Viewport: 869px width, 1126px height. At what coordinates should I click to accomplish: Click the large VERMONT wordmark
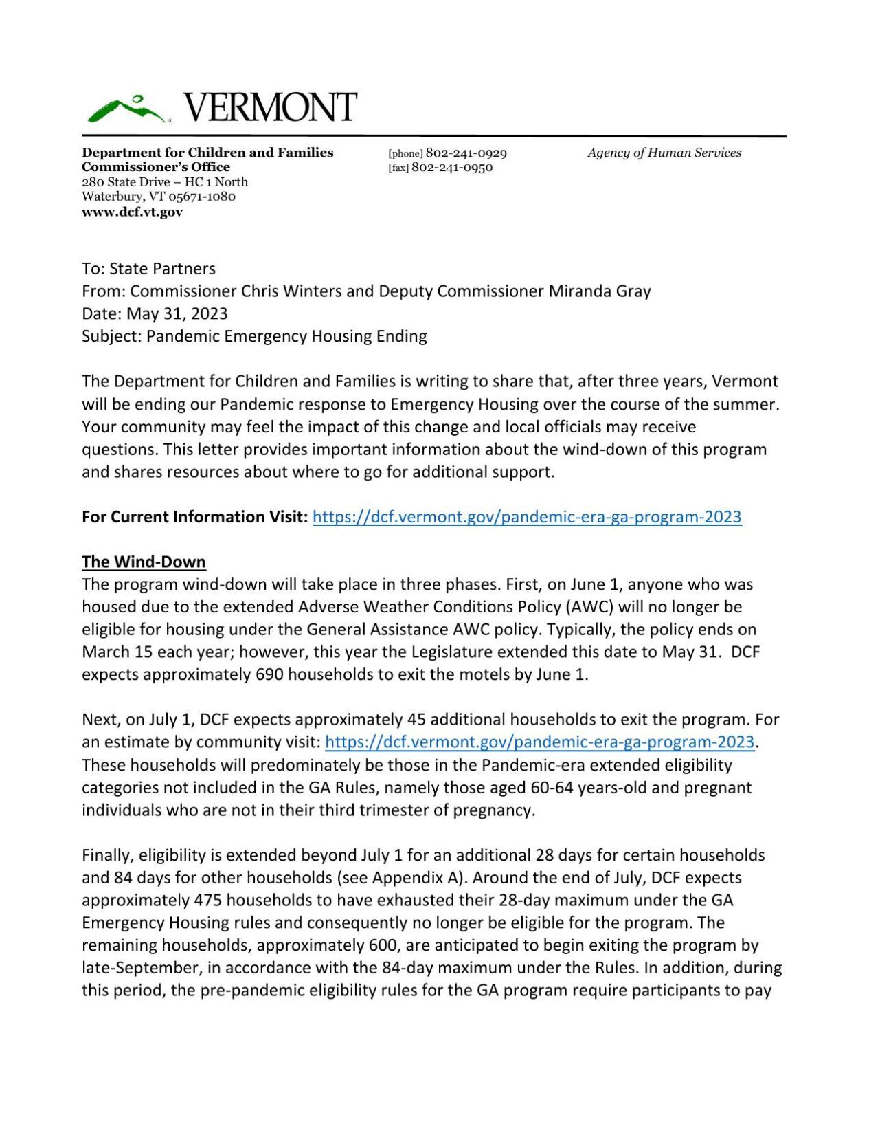pyautogui.click(x=270, y=108)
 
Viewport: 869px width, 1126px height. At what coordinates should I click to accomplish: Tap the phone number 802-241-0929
pyautogui.click(x=466, y=153)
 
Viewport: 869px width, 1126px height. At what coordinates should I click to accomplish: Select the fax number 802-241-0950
pyautogui.click(x=451, y=168)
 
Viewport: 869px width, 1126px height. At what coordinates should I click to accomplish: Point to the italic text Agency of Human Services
pyautogui.click(x=664, y=153)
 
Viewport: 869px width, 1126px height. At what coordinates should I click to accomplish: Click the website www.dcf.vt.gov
pyautogui.click(x=132, y=212)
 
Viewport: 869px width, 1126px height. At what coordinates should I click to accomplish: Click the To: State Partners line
pyautogui.click(x=148, y=269)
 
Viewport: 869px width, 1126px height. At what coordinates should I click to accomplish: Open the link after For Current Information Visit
pyautogui.click(x=526, y=517)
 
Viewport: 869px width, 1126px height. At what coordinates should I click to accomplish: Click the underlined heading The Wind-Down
pyautogui.click(x=144, y=562)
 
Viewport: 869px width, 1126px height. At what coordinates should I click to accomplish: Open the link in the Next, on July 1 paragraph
pyautogui.click(x=539, y=742)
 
